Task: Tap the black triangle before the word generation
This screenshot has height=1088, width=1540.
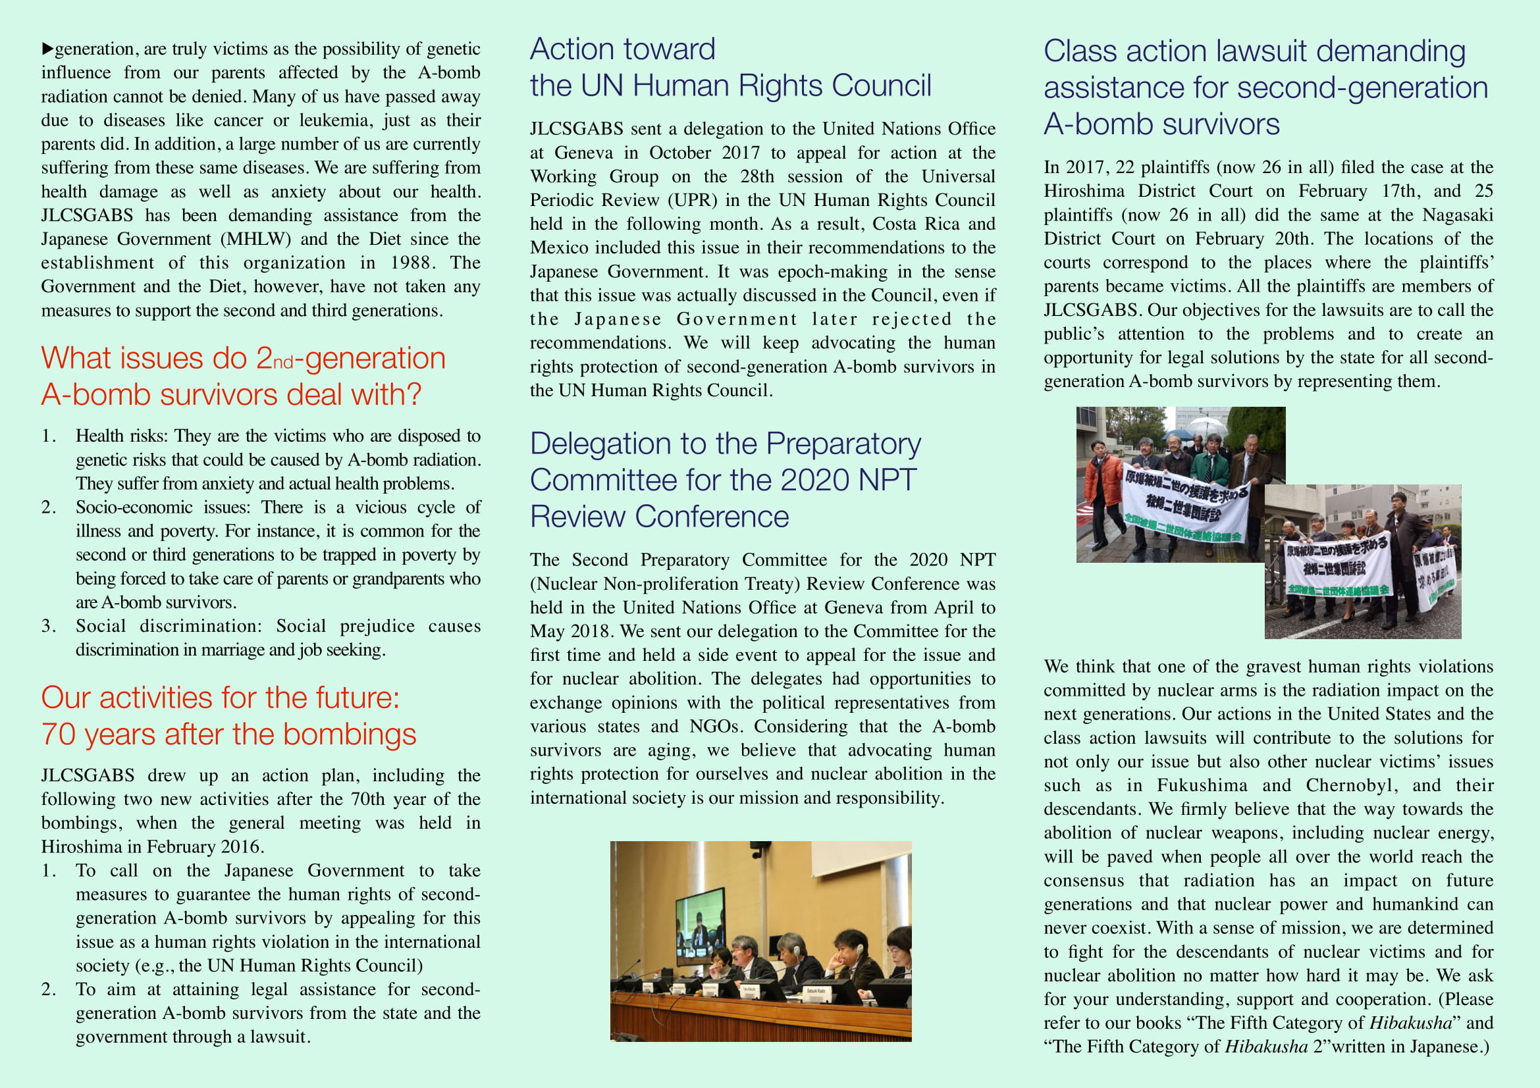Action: [x=47, y=49]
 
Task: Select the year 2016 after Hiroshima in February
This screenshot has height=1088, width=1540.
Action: [x=239, y=846]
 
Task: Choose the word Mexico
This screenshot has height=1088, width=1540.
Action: [x=558, y=248]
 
